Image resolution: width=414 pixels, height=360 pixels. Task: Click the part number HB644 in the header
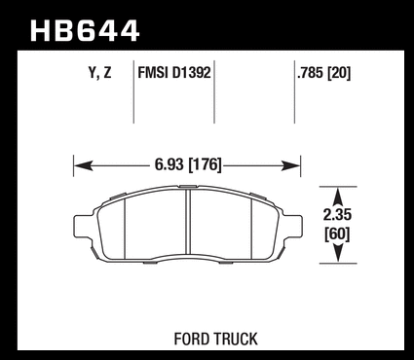pyautogui.click(x=85, y=30)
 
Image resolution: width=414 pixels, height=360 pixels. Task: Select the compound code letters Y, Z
pyautogui.click(x=99, y=73)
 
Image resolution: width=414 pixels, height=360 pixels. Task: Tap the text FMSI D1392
pyautogui.click(x=174, y=73)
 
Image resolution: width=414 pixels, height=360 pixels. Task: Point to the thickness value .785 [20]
pyautogui.click(x=323, y=73)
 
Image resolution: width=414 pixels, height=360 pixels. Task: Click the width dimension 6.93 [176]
pyautogui.click(x=188, y=164)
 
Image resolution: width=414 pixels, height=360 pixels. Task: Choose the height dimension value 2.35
pyautogui.click(x=337, y=215)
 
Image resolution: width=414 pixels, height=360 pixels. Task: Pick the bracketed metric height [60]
pyautogui.click(x=338, y=234)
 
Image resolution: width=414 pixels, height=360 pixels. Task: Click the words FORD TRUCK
pyautogui.click(x=215, y=339)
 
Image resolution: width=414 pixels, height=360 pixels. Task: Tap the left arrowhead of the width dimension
pyautogui.click(x=83, y=165)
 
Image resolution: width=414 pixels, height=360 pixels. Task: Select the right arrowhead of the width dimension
pyautogui.click(x=291, y=165)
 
